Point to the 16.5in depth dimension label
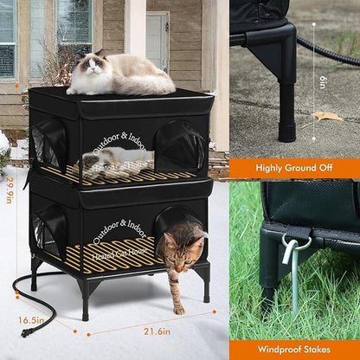click(x=31, y=318)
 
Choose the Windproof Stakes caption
click(x=293, y=348)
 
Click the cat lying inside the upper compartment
click(x=121, y=159)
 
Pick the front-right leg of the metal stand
click(x=205, y=289)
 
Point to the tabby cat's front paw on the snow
click(x=178, y=309)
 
